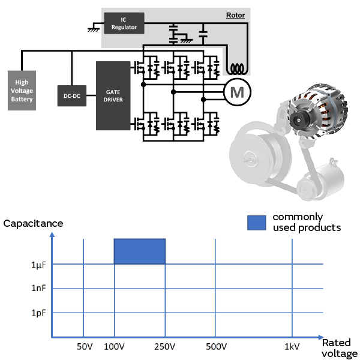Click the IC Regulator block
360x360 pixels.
pos(124,23)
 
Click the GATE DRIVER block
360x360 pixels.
pos(113,95)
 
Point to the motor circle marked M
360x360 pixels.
pos(238,92)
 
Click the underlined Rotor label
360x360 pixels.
pos(235,15)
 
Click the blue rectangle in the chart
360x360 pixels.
pos(139,251)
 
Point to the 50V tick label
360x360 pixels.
pos(85,347)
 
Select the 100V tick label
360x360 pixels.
pos(114,347)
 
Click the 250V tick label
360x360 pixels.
pos(165,347)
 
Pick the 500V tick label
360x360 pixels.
pos(216,347)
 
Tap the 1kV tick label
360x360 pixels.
pos(292,347)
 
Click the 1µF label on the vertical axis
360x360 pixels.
pos(38,265)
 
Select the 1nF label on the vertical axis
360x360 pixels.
pos(38,289)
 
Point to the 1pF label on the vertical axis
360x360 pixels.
pos(38,313)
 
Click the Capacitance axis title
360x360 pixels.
pos(33,223)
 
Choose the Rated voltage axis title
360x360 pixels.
pos(340,348)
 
